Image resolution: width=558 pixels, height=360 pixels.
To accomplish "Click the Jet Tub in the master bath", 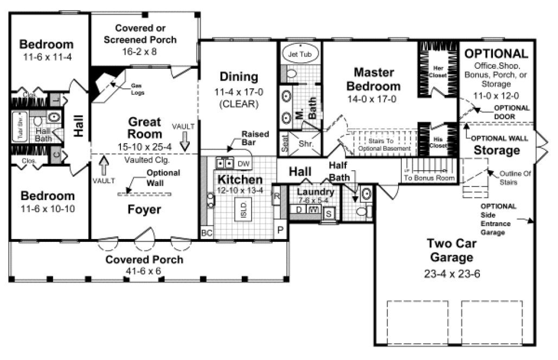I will [300, 54].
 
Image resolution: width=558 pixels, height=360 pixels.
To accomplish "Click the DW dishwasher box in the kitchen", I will [244, 163].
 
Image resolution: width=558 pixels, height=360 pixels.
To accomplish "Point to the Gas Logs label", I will [137, 89].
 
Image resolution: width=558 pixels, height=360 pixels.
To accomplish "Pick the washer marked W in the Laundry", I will [313, 209].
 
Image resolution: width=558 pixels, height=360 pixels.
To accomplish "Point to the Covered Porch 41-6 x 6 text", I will [144, 265].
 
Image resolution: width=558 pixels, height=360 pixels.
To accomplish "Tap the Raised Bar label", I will [252, 138].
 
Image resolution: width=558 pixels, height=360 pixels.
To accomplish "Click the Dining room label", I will [239, 76].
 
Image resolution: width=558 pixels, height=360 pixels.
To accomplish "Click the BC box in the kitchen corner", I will [207, 233].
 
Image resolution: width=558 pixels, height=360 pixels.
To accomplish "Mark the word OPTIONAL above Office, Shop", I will [496, 54].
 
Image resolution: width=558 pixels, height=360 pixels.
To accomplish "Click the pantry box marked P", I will [281, 230].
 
